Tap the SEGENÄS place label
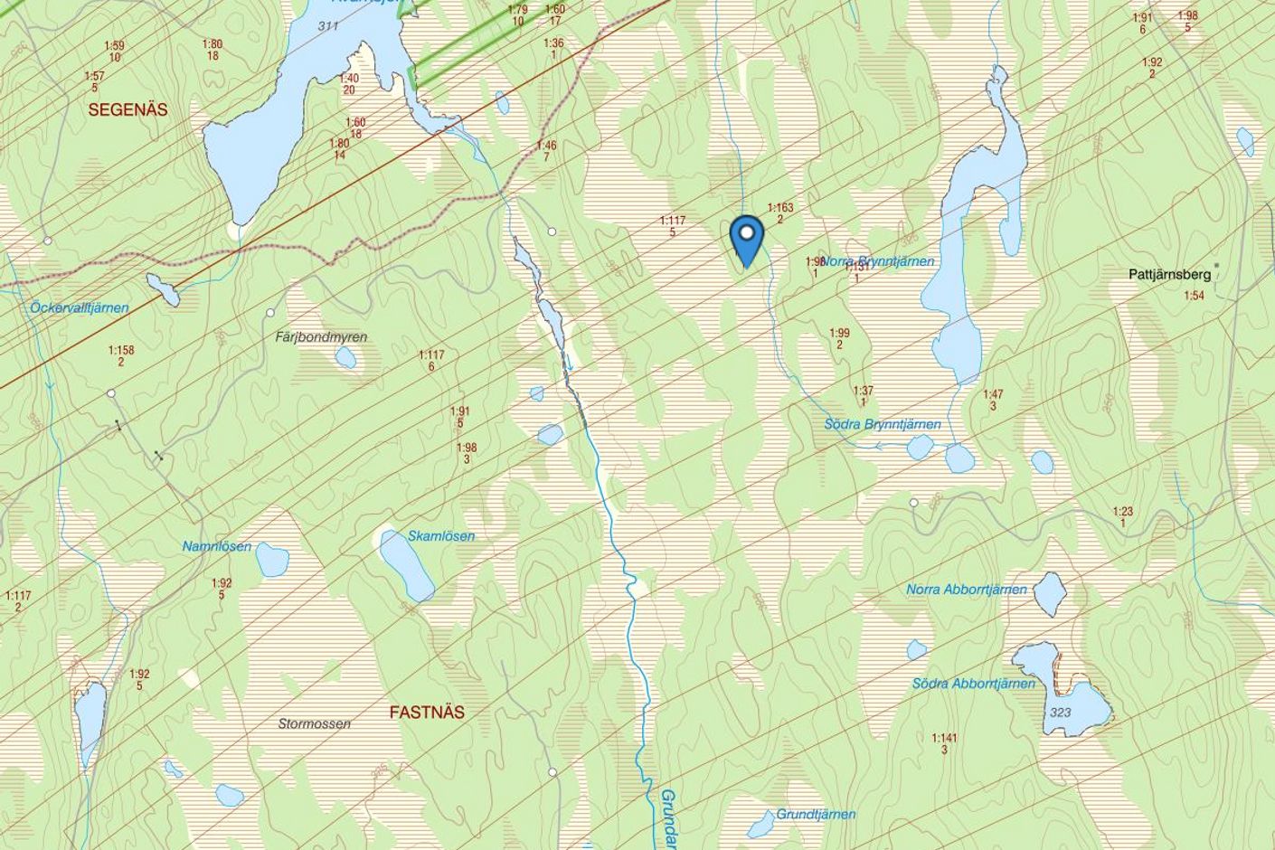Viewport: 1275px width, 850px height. click(127, 109)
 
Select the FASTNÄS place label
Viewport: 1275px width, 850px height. click(427, 712)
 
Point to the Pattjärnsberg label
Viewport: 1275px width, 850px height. click(1169, 274)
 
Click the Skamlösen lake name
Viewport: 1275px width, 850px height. click(441, 536)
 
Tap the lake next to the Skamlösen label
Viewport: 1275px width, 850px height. click(405, 565)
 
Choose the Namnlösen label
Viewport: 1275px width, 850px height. click(216, 546)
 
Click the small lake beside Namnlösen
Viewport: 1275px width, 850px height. click(271, 561)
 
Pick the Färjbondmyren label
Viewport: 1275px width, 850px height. click(321, 337)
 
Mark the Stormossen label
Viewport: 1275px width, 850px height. click(314, 723)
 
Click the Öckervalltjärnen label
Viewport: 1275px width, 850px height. click(80, 307)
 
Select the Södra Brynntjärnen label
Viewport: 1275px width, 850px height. click(883, 424)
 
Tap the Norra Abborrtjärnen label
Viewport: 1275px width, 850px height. click(967, 590)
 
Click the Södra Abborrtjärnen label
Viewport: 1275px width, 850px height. click(973, 684)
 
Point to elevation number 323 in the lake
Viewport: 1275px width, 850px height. click(1061, 713)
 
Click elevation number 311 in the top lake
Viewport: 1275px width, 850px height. click(328, 25)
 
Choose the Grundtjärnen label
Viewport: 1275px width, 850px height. click(816, 814)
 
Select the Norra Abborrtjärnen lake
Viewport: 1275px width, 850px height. click(1049, 592)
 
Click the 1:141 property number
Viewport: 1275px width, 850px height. click(944, 738)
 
